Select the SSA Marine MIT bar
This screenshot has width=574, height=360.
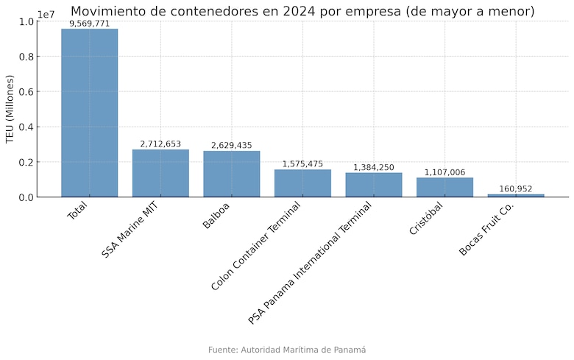(x=160, y=173)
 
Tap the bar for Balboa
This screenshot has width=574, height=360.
(x=232, y=174)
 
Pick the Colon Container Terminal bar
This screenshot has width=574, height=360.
(x=302, y=183)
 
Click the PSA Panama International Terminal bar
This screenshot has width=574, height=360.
(x=374, y=185)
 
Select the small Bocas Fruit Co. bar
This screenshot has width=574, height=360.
(x=516, y=195)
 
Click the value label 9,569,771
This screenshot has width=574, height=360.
(x=89, y=24)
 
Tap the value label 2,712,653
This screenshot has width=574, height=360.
(x=160, y=144)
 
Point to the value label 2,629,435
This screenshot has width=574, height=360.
(x=232, y=146)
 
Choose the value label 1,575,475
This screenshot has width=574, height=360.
(x=302, y=164)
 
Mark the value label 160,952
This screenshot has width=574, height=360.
(x=516, y=189)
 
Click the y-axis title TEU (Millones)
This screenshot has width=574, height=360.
(x=10, y=109)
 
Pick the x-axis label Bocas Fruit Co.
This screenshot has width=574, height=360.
(x=486, y=229)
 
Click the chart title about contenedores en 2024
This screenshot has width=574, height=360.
(x=302, y=11)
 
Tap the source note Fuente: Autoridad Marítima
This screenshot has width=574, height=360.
(x=287, y=350)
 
